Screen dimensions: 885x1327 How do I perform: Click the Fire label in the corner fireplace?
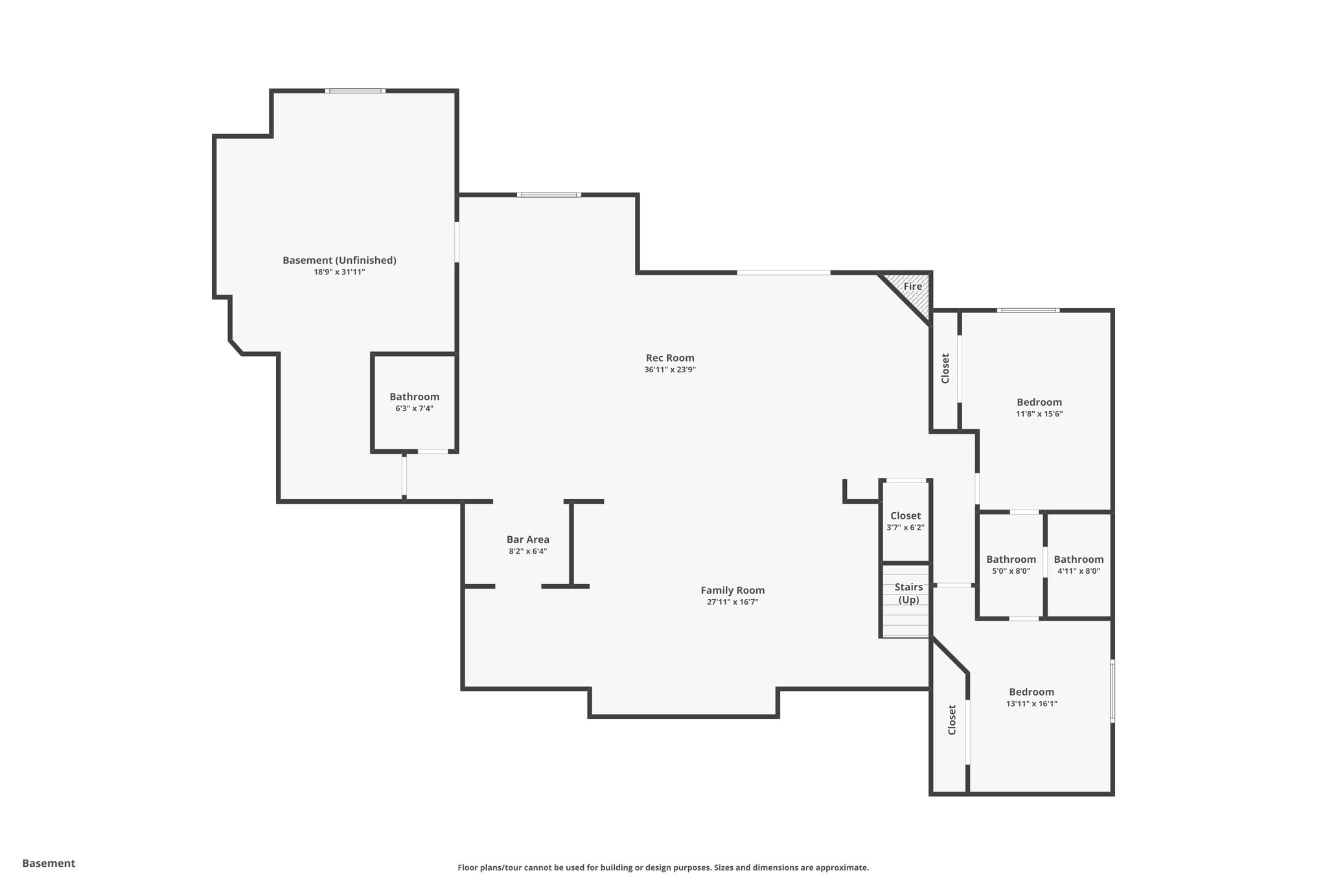(x=912, y=286)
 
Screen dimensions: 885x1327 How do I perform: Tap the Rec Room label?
(x=670, y=358)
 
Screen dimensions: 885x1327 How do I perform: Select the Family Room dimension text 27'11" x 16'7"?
(x=732, y=602)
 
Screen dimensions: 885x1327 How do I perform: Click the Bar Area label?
(x=527, y=539)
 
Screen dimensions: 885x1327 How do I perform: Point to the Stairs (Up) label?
(x=908, y=593)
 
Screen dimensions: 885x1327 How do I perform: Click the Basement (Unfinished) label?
(x=339, y=260)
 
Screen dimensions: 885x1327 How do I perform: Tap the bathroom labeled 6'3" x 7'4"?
(x=414, y=402)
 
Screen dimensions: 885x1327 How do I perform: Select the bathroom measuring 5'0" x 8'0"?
(x=1011, y=565)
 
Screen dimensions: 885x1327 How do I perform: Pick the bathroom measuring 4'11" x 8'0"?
(x=1078, y=565)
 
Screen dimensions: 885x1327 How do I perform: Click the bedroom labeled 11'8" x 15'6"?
(x=1039, y=407)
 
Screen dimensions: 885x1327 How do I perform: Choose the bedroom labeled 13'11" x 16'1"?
(x=1031, y=697)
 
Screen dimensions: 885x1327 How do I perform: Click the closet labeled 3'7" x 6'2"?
(x=905, y=521)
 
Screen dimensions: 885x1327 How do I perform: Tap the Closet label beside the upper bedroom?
(x=945, y=368)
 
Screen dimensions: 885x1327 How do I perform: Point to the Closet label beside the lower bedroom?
(x=951, y=720)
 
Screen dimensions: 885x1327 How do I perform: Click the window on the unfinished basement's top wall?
(x=355, y=91)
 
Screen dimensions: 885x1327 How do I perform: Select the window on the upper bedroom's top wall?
(x=1028, y=311)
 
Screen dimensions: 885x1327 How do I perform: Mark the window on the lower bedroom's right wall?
(x=1113, y=691)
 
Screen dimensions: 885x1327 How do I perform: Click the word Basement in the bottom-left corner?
(x=49, y=864)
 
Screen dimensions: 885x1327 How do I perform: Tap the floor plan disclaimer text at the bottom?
(x=663, y=867)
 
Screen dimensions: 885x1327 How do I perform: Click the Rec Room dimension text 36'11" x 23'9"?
(x=670, y=370)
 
